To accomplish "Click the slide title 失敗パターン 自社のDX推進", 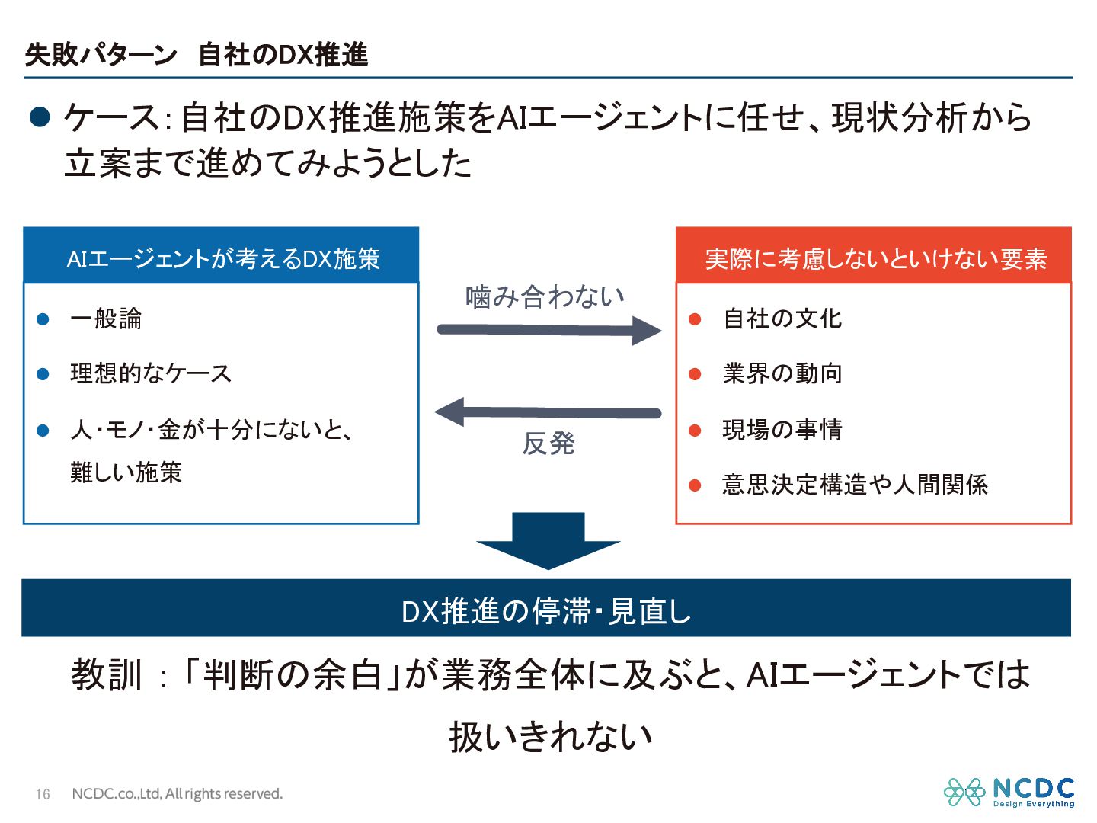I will pos(197,55).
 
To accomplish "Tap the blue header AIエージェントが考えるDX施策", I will pos(222,259).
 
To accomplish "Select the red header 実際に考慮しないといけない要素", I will pos(875,259).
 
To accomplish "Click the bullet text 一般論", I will pos(106,319).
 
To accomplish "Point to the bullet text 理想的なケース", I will pos(151,373).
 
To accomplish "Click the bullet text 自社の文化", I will pos(782,319).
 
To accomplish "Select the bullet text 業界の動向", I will pos(782,373).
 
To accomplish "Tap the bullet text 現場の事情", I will pos(782,430).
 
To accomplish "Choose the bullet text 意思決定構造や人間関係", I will pos(855,485).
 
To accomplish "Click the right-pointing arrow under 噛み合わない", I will pos(548,330).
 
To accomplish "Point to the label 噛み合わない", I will pos(545,296).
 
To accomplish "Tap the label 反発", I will pos(548,444).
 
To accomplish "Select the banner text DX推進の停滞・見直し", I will pos(546,611).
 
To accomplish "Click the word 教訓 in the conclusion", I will pos(107,675).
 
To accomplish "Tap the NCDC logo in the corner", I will pos(1009,793).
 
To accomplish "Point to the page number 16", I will pos(43,794).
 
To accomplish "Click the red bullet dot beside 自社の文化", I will pos(695,319).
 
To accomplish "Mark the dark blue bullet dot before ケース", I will pos(40,117).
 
